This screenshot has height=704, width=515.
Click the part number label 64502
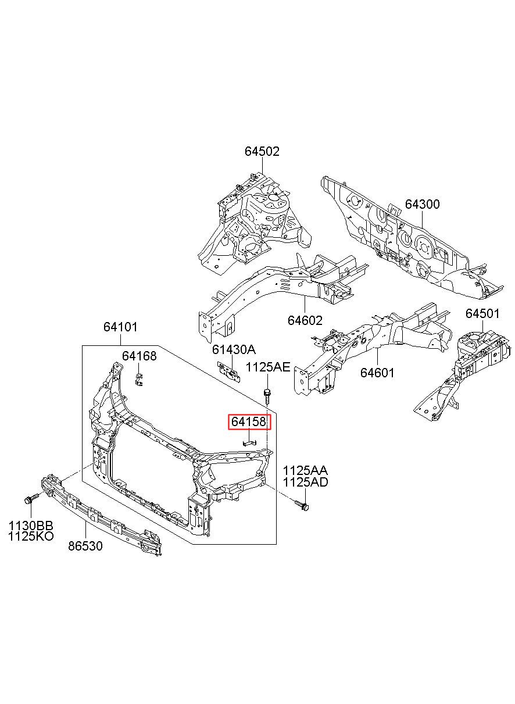coord(262,152)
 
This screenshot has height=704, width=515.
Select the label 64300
coord(422,204)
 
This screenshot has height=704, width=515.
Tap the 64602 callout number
coord(305,320)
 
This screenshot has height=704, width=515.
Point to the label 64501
coord(482,313)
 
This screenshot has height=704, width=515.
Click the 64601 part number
coord(377,373)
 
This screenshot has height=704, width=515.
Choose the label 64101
coord(120,327)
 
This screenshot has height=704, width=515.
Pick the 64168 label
coord(139,356)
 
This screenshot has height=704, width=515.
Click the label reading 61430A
coord(234,349)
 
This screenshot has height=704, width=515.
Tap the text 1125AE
coord(268,367)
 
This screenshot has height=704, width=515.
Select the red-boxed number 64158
coord(249,422)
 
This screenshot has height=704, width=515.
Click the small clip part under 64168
coord(138,380)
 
